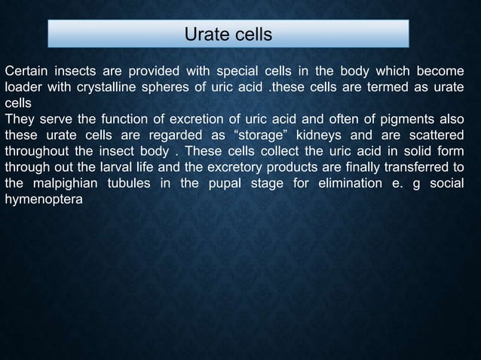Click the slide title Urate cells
pos(228,35)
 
